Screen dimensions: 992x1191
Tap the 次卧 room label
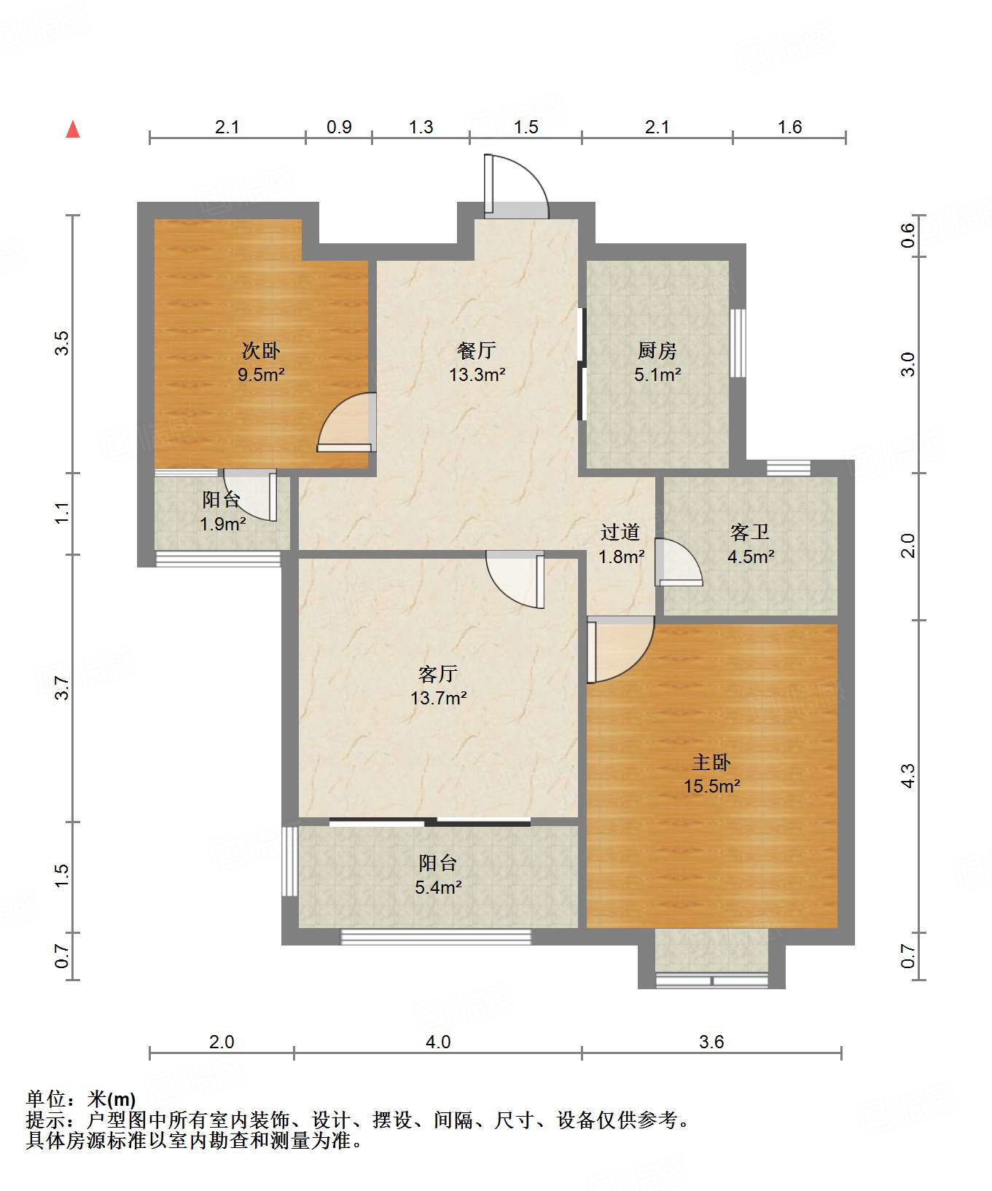pyautogui.click(x=261, y=351)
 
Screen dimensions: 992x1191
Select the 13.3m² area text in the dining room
pyautogui.click(x=477, y=375)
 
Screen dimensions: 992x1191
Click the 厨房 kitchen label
pyautogui.click(x=657, y=351)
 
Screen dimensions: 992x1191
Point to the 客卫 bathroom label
pyautogui.click(x=750, y=532)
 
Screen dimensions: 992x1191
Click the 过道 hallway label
pyautogui.click(x=620, y=532)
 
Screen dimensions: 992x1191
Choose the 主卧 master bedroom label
pyautogui.click(x=711, y=763)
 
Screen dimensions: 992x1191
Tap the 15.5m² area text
pyautogui.click(x=712, y=787)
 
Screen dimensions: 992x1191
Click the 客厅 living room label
pyautogui.click(x=438, y=674)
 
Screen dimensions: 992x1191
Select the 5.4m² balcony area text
pyautogui.click(x=439, y=888)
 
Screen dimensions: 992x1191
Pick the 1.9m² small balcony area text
pyautogui.click(x=223, y=524)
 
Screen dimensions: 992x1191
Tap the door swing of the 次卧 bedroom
pyautogui.click(x=347, y=422)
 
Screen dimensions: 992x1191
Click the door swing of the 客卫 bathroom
pyautogui.click(x=679, y=562)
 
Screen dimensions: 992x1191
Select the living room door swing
pyautogui.click(x=515, y=579)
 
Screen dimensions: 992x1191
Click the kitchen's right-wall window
pyautogui.click(x=738, y=343)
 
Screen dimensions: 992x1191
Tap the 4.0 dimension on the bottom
pyautogui.click(x=438, y=1042)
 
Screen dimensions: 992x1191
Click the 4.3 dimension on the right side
pyautogui.click(x=907, y=776)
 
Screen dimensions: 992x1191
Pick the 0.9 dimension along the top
pyautogui.click(x=339, y=127)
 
